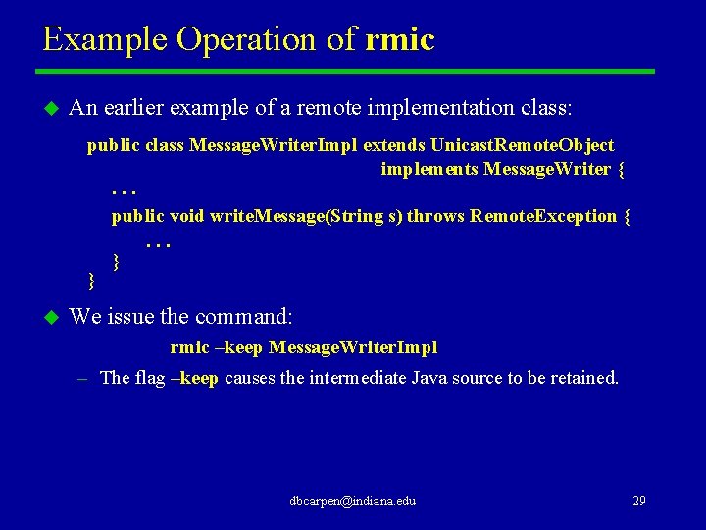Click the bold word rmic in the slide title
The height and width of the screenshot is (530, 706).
[399, 40]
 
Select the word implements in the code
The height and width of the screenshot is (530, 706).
[429, 169]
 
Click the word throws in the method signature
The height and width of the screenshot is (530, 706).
[435, 216]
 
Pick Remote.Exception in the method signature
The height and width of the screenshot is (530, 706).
[543, 216]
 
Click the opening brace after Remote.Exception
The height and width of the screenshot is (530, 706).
[627, 216]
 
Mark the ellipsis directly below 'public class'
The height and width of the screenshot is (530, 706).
[124, 191]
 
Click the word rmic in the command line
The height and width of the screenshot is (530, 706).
[189, 347]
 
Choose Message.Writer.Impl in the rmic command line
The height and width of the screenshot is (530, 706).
[353, 347]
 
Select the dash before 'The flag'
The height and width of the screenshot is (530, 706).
[82, 378]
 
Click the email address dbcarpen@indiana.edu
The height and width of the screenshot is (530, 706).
[353, 501]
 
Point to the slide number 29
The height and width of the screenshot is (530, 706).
[638, 501]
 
